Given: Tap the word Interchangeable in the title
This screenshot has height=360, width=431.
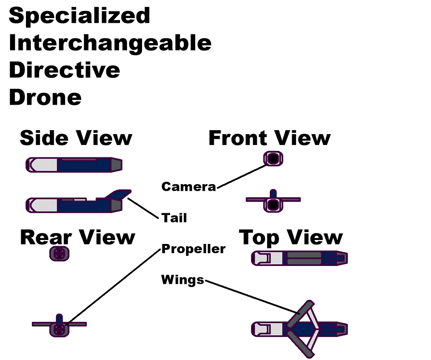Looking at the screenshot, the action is point(110,43).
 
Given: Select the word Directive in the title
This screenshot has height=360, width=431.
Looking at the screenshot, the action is point(64,70).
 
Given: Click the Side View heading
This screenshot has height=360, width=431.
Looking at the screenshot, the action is point(76,138).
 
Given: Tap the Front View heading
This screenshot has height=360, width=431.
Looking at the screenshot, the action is point(269,138).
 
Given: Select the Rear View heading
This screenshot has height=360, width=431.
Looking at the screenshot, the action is point(77,237).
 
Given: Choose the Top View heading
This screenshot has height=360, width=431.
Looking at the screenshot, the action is point(291,237).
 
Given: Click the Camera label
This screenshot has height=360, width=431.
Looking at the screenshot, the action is point(189,187).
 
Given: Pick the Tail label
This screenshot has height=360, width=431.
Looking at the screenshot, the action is point(174,218).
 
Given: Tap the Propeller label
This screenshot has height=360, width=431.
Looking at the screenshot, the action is point(194,249).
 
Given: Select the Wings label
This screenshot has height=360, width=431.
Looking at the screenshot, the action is point(182,280).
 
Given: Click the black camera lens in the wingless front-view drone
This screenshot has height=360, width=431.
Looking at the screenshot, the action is point(273,159).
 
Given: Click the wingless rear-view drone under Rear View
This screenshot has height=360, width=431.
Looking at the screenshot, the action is point(59,254).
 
